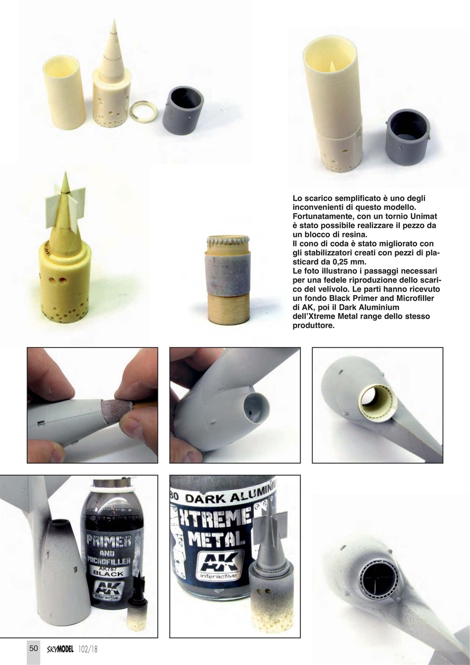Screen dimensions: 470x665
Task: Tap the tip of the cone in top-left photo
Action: (115, 20)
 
